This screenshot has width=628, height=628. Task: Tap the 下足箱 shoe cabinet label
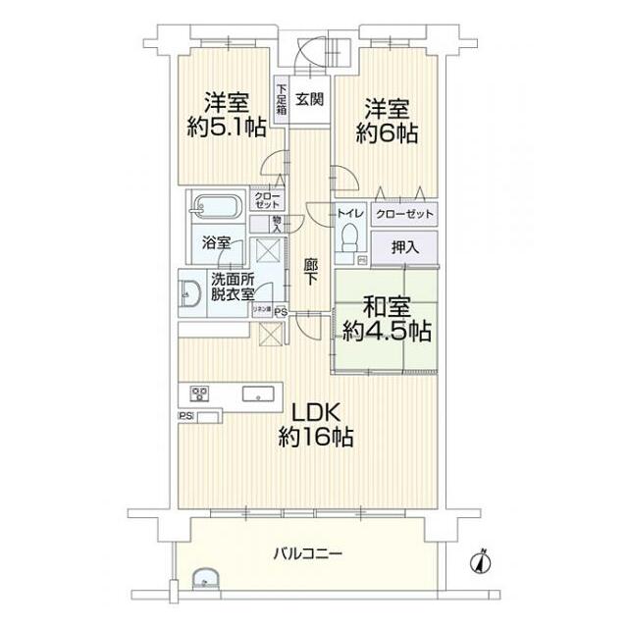pos(281,100)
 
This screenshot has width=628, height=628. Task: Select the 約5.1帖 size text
pos(227,127)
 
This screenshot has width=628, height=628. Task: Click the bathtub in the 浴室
pos(214,208)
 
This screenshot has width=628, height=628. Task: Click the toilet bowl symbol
pos(346,238)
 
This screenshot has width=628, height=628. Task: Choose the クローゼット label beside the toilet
pos(402,213)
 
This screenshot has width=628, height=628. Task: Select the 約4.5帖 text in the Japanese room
pos(387,332)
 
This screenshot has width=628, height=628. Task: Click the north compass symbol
pos(480,561)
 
